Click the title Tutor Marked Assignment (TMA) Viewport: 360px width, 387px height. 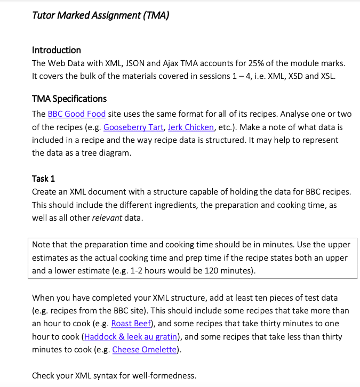101,15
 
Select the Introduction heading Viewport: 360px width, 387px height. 57,50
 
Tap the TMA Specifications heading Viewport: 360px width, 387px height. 69,99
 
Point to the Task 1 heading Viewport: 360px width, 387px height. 44,178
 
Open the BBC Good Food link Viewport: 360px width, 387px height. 77,114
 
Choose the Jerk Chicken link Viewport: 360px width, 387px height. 190,127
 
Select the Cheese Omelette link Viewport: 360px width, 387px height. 145,350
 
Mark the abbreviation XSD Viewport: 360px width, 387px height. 293,76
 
